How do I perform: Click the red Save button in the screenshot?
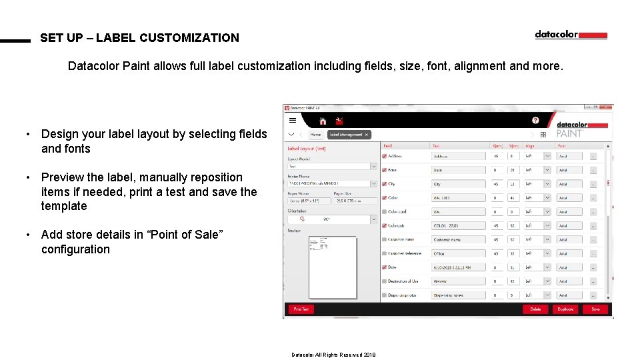595,309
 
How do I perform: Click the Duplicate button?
565,309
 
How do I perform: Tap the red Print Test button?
301,309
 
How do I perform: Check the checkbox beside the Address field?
385,156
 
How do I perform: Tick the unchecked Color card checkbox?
385,212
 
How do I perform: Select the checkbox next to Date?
385,267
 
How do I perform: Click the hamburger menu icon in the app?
293,121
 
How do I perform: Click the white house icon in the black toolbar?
323,121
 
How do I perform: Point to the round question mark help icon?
535,121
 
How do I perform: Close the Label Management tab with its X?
366,134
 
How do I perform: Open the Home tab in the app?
315,134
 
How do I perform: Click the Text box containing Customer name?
459,239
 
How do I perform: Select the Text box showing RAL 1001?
459,198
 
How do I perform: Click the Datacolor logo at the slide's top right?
571,35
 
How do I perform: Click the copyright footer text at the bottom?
333,355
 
